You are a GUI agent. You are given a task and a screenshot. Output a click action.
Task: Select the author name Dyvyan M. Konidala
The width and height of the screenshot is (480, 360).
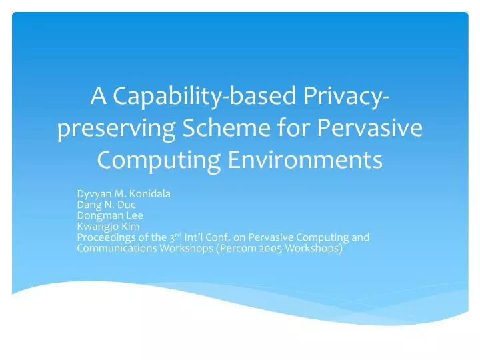124,194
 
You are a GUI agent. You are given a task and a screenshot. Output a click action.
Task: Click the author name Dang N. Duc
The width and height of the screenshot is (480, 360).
106,205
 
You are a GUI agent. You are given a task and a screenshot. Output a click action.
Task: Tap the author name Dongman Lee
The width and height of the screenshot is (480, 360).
110,215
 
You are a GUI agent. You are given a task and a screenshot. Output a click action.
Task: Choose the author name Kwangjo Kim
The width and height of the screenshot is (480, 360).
108,226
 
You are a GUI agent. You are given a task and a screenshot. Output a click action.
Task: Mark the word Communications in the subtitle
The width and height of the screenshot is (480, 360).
111,249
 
